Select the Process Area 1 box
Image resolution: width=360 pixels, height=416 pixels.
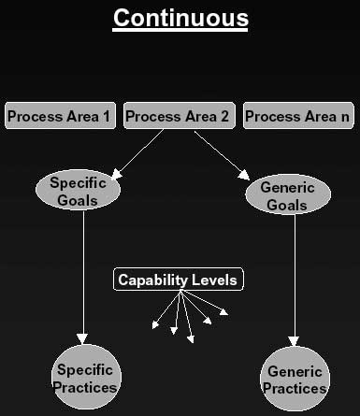pos(59,117)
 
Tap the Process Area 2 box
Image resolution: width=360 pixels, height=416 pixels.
pos(178,117)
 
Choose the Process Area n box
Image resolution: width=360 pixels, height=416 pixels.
pos(297,117)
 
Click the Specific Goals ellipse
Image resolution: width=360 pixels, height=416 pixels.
pos(78,191)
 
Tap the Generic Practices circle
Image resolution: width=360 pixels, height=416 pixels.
pos(295,380)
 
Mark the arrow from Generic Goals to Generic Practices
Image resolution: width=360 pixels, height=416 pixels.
pos(295,280)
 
